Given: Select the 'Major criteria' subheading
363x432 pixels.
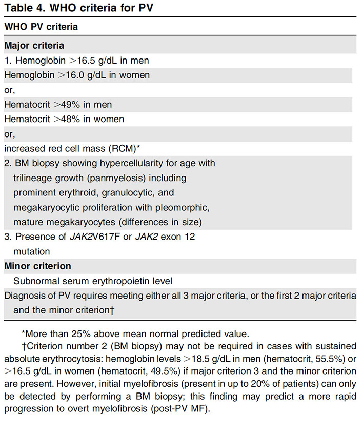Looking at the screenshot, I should [x=34, y=46].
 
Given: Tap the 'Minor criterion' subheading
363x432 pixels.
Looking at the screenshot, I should [x=37, y=266].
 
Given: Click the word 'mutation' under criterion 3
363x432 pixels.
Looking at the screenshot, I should [x=32, y=252].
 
